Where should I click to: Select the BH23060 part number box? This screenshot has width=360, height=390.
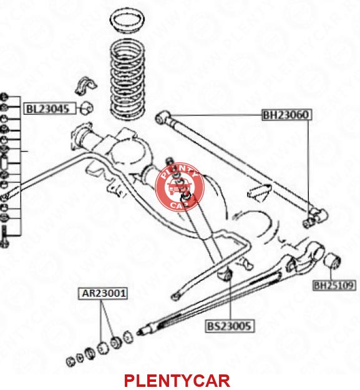pos(286,115)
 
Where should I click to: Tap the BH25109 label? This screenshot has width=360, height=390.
pos(334,285)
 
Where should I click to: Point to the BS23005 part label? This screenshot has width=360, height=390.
pos(230,326)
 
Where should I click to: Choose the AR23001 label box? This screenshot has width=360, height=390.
pos(103,293)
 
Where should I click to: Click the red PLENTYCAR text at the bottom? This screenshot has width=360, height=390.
pos(177,380)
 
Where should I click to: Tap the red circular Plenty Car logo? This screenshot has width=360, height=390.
pos(180,187)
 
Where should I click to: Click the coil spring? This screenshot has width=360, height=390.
pos(127,79)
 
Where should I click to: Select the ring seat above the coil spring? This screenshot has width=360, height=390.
pos(127,22)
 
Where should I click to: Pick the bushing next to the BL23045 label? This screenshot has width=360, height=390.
pos(87,108)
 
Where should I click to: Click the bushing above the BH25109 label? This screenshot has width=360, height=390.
pos(332,261)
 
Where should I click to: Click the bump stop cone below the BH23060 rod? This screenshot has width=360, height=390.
pos(260,192)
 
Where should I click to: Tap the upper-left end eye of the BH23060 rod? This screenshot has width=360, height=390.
pos(163,117)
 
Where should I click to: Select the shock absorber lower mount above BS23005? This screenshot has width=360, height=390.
pos(225,273)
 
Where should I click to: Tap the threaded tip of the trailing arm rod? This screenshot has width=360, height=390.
pos(141,331)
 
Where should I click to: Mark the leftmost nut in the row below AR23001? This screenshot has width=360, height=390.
pos(71,361)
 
